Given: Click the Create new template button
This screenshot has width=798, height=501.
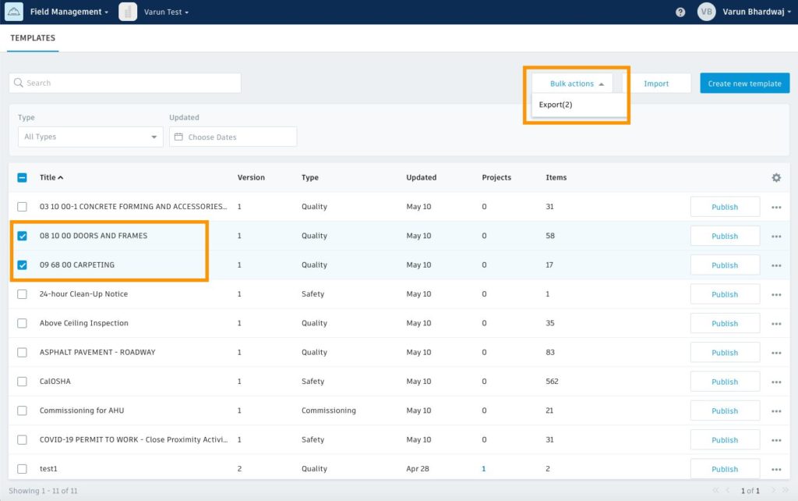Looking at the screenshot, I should [744, 83].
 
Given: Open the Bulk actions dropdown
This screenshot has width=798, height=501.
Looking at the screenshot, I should [577, 83].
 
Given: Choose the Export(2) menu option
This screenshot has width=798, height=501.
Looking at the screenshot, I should [556, 105].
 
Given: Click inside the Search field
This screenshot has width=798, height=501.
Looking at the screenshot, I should [125, 83].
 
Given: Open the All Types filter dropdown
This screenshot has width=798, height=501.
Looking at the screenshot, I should [90, 137].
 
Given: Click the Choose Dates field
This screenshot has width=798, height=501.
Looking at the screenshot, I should [233, 137].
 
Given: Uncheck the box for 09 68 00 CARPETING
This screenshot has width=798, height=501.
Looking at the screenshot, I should [22, 265].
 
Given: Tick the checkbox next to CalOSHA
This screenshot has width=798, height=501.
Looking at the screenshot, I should [22, 382].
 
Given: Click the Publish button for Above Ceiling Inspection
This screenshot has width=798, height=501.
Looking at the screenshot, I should [725, 323].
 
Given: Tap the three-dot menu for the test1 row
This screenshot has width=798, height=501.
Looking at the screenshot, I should [776, 469].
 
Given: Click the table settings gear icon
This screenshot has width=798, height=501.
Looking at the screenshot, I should [776, 178].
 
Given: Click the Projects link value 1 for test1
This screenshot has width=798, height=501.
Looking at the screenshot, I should [484, 469].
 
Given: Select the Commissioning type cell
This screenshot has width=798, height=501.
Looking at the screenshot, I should [328, 410].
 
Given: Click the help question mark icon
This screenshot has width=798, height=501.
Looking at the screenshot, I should [680, 12].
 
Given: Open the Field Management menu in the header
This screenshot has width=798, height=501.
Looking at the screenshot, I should [69, 12].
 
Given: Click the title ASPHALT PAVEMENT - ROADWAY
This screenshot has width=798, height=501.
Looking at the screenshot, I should [97, 352].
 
